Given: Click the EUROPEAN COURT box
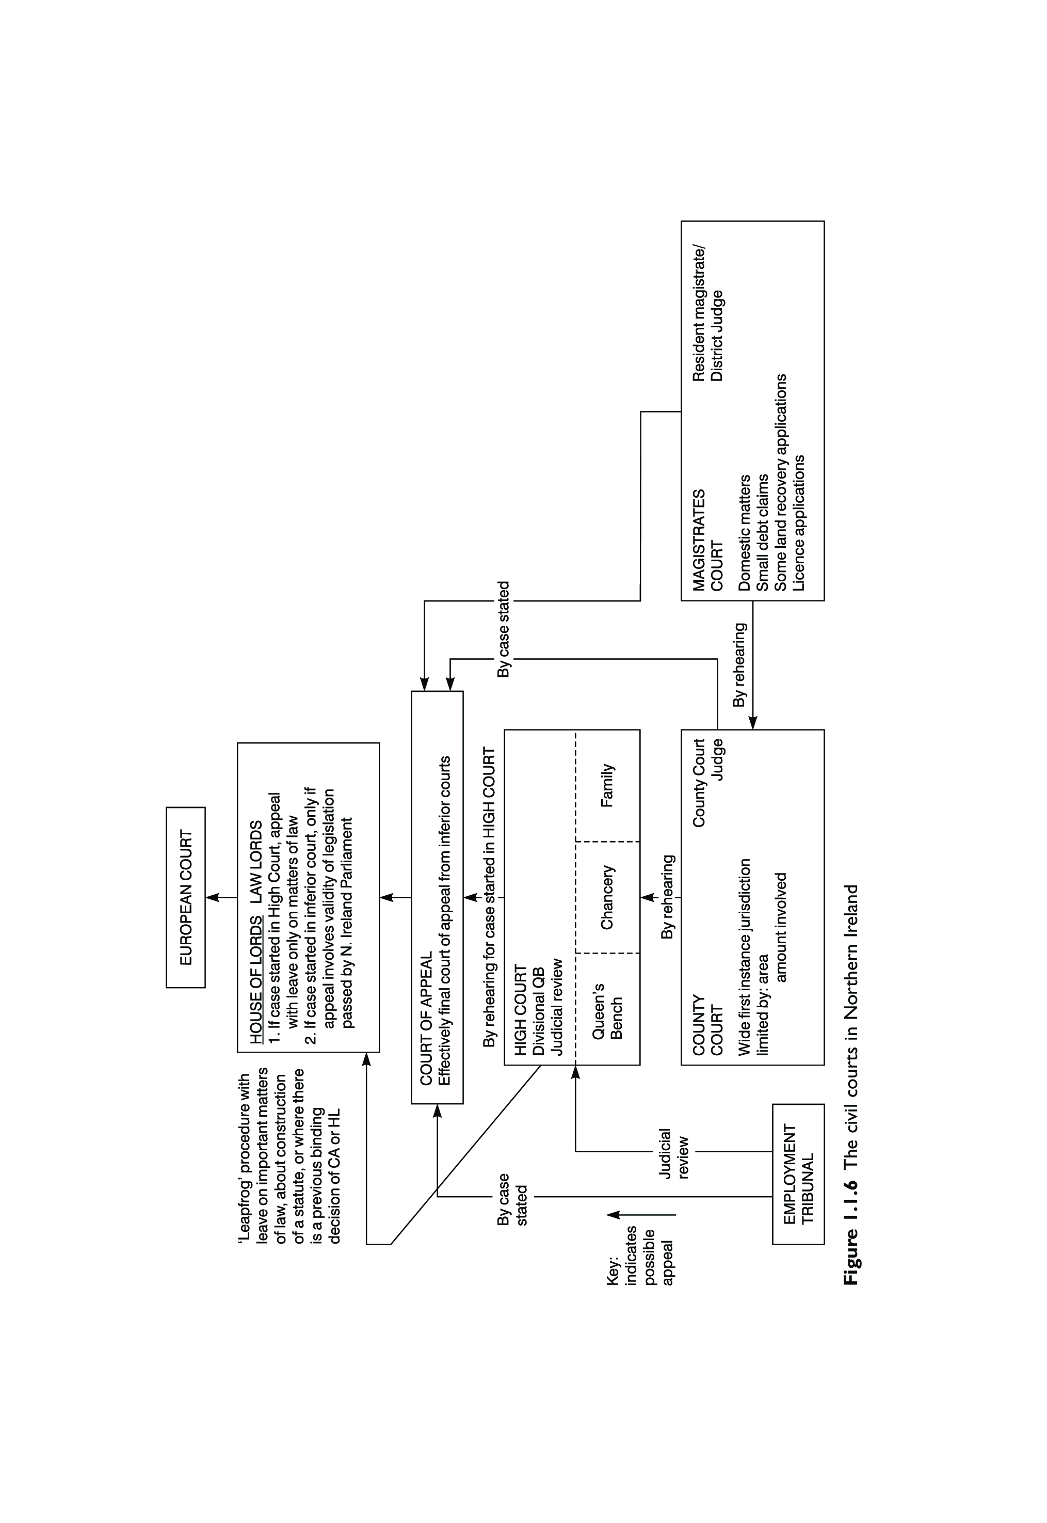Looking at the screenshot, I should (186, 897).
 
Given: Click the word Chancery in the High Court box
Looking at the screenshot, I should (607, 897).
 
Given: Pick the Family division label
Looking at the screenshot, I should (607, 785).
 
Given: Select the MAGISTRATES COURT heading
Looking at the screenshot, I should (707, 540).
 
